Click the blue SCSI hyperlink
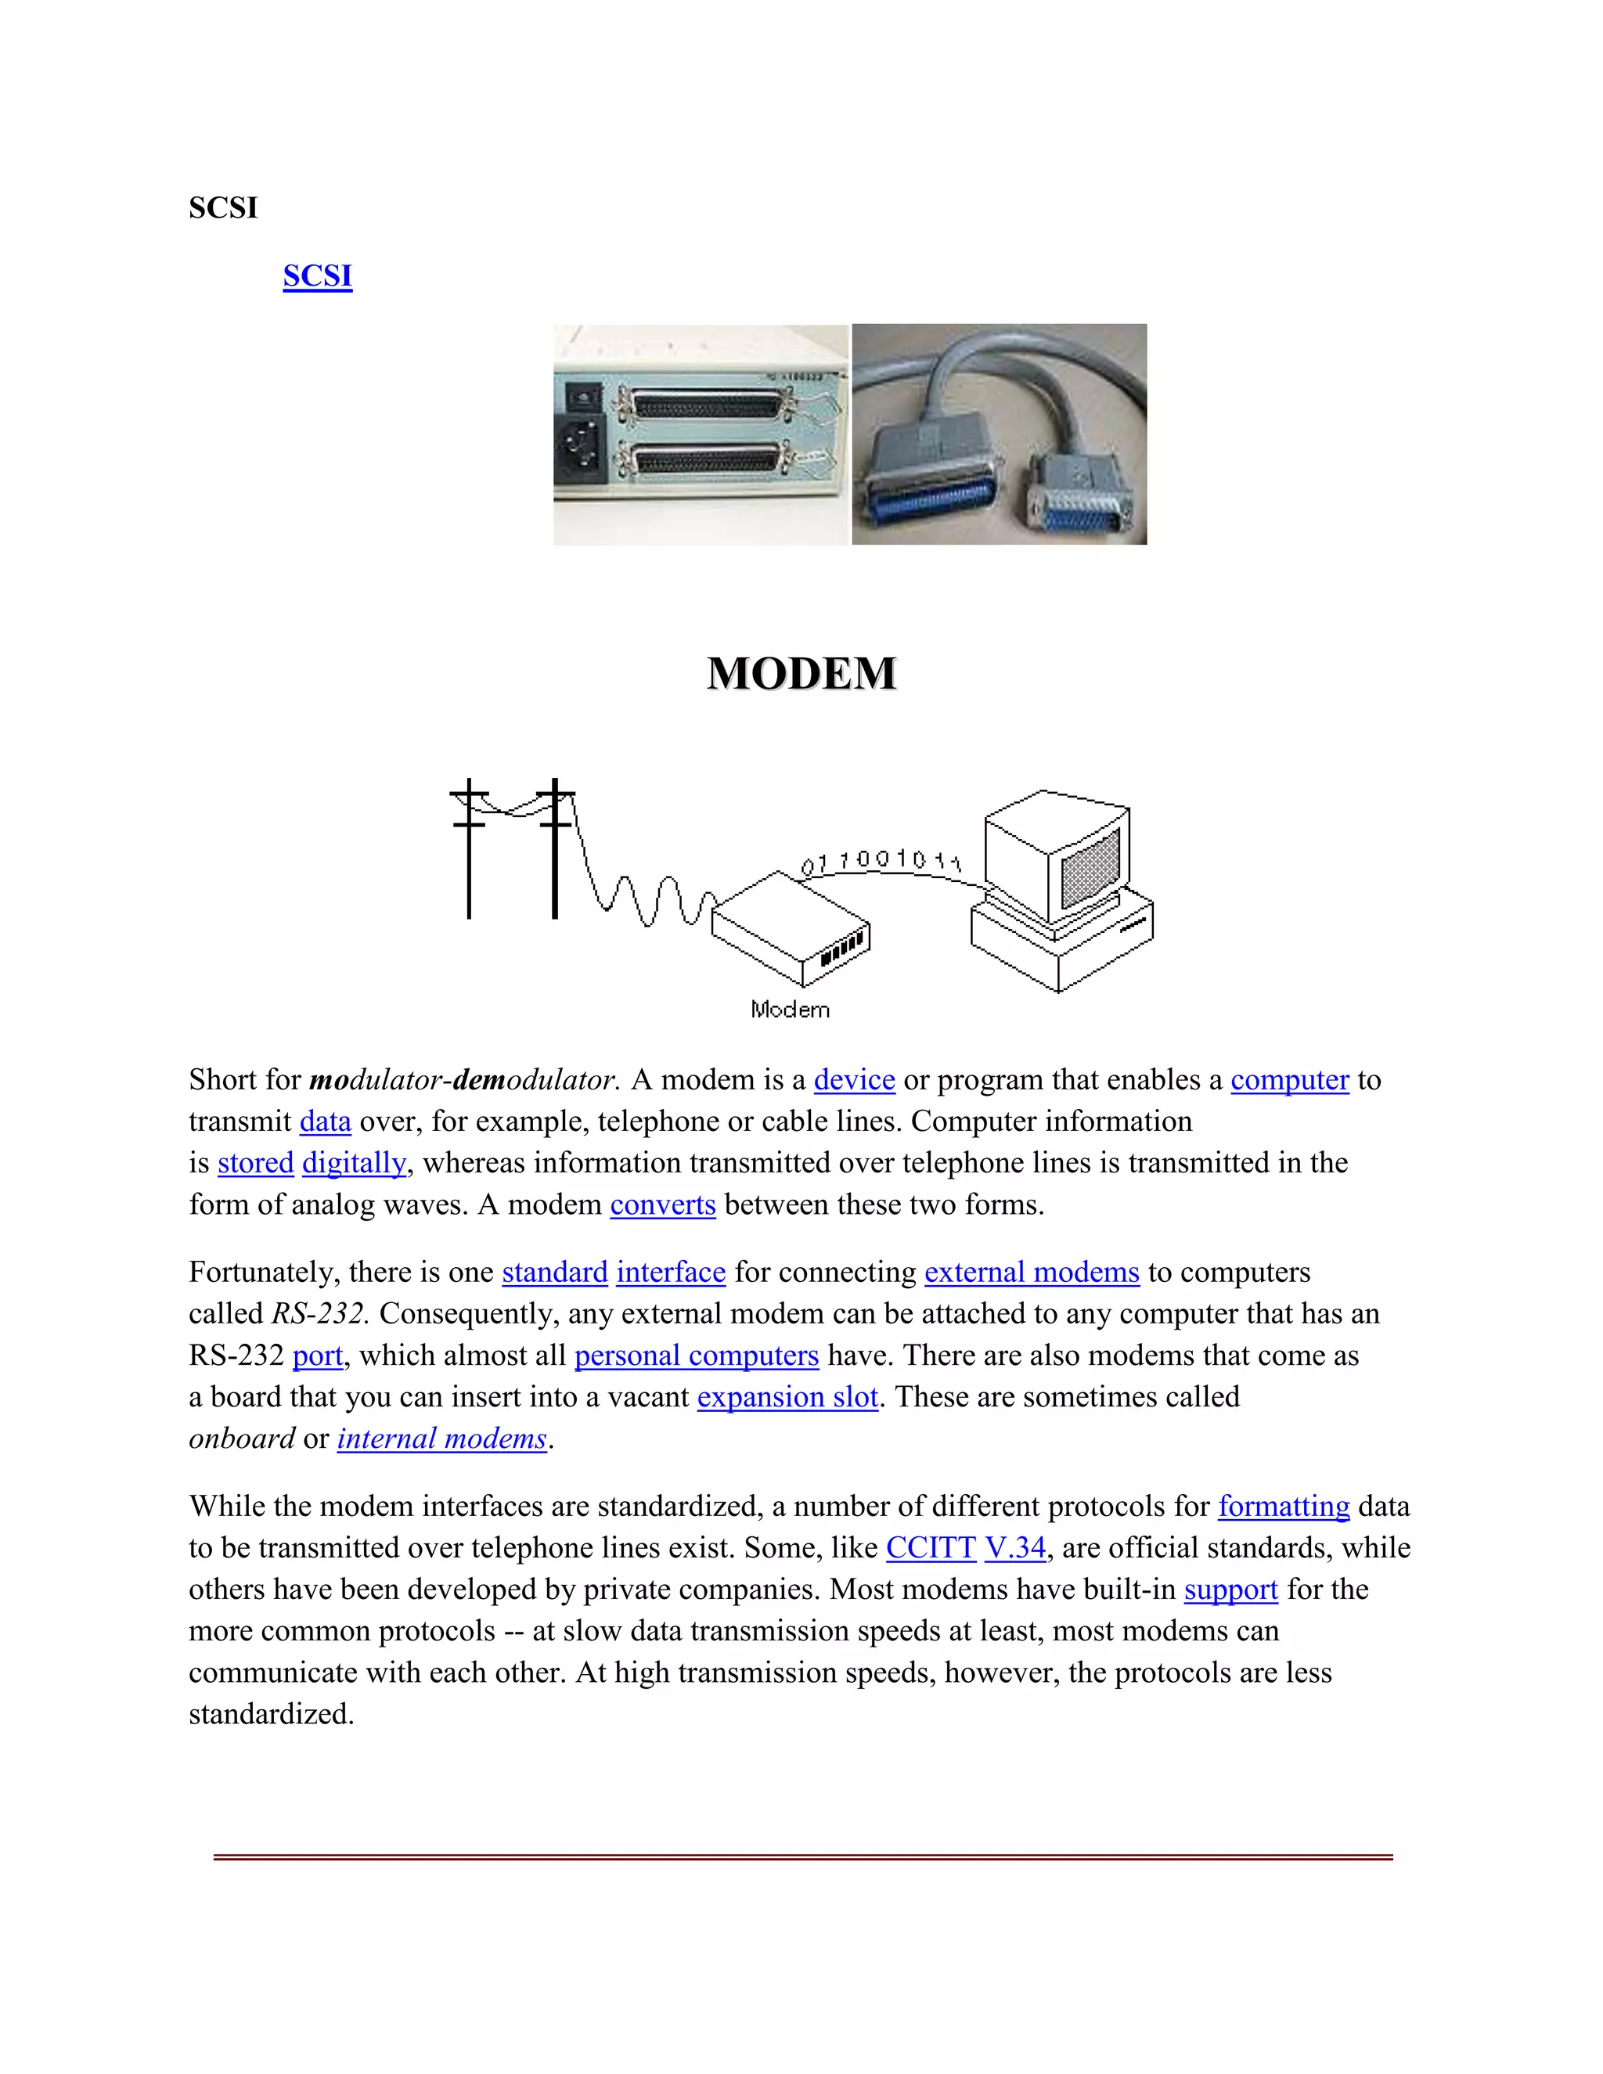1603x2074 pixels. click(317, 275)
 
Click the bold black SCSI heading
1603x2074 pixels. click(223, 208)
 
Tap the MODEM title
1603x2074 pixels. click(801, 673)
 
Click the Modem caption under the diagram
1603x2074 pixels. click(790, 1010)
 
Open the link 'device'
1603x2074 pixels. click(854, 1080)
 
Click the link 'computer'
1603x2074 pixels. click(1288, 1080)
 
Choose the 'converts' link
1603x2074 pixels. click(662, 1205)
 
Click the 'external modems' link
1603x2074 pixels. click(1032, 1273)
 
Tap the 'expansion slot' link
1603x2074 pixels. click(787, 1397)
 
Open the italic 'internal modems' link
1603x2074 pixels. click(441, 1438)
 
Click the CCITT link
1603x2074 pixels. click(930, 1548)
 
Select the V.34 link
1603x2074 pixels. click(1014, 1548)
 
